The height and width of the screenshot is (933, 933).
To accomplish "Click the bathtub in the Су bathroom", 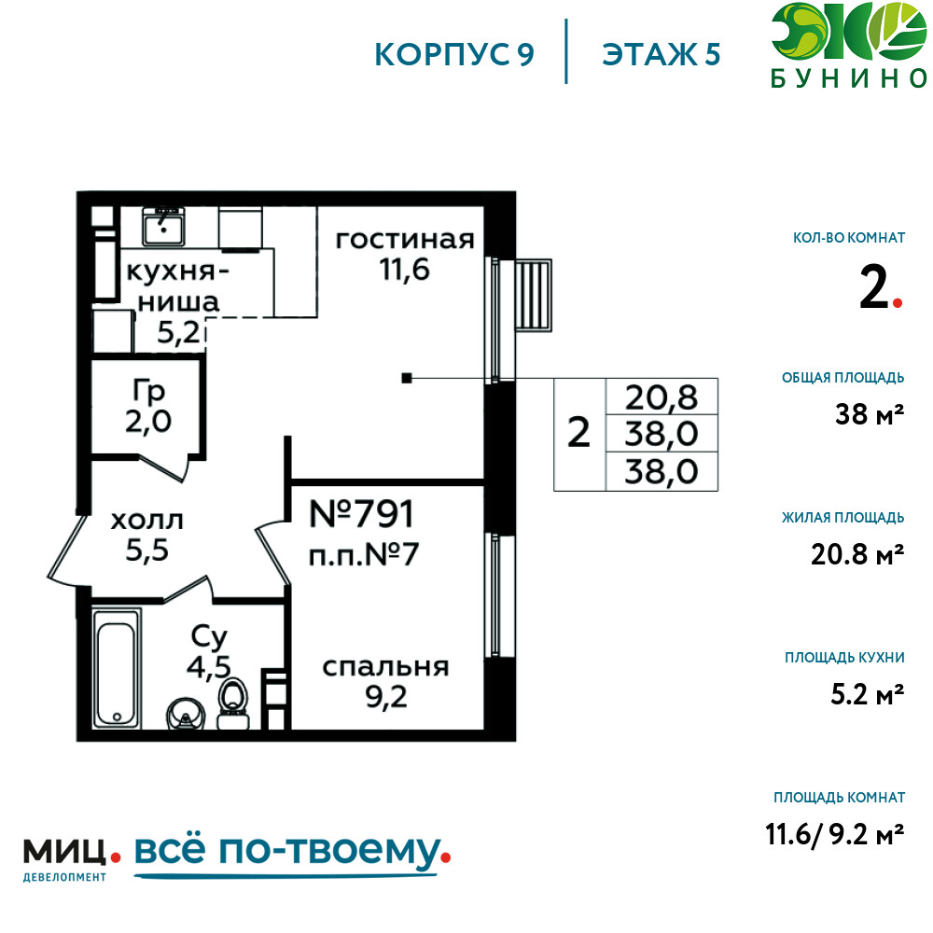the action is point(118,667).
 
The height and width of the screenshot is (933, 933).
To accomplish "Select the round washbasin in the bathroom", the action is point(186,714).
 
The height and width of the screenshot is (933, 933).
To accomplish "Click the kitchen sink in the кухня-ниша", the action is point(163,226).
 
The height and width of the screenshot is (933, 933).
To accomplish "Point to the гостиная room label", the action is point(405,240).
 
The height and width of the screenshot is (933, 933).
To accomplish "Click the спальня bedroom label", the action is point(385,668).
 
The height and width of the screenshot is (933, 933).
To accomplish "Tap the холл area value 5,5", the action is point(147,551).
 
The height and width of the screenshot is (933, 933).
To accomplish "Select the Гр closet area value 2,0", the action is point(148,422).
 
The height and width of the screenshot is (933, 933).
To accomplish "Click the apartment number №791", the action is point(361,514).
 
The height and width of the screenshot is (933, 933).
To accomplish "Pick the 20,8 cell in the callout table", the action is point(661,397).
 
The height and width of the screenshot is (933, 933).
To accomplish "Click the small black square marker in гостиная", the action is point(407,378).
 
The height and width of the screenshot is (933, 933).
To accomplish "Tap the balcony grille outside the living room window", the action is point(533,295).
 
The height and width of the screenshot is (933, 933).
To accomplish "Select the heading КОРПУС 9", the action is point(454,55).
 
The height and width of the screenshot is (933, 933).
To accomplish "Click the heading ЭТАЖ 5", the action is point(661,55).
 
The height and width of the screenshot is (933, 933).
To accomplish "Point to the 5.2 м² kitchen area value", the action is point(867,694).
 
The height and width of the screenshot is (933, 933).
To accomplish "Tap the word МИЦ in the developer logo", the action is point(65,852).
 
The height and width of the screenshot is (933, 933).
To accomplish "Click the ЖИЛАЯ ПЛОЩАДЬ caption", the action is point(843,518).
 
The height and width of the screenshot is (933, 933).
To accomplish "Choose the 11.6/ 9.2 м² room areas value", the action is point(834,834).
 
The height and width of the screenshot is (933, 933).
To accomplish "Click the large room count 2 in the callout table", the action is point(579,433).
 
